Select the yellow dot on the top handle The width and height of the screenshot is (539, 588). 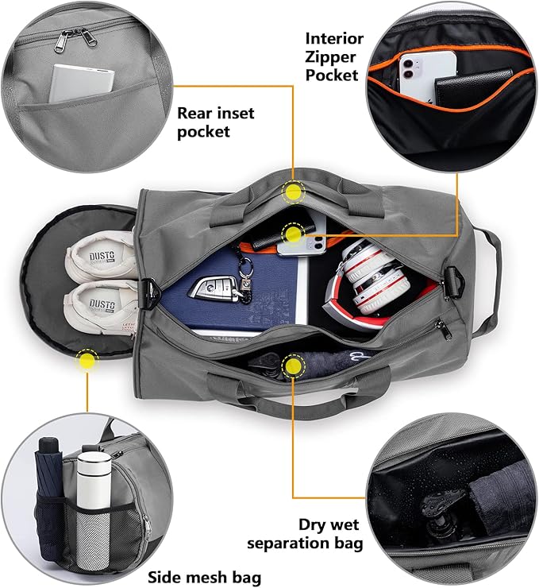(x=294, y=191)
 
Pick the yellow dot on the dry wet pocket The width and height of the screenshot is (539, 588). (x=295, y=365)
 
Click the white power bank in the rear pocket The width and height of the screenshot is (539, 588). (x=83, y=83)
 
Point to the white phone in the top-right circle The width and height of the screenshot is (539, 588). (x=429, y=75)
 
